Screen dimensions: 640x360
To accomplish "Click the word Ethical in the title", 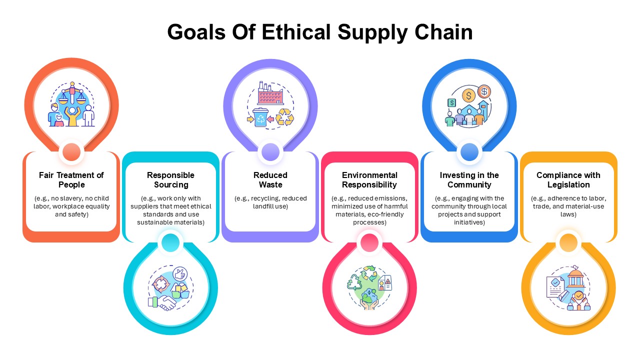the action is click(x=296, y=32).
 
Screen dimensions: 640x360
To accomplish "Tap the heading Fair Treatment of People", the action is click(x=71, y=179).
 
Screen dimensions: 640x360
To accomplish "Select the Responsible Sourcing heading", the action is click(x=171, y=179).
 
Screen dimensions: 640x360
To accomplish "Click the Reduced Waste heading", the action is click(x=270, y=179).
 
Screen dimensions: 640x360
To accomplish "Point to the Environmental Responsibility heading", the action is click(x=369, y=179).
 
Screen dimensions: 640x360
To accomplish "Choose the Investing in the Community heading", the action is click(x=469, y=179).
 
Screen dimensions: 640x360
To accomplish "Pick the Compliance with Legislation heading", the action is click(x=568, y=179).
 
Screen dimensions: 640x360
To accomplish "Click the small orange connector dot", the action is click(x=71, y=152).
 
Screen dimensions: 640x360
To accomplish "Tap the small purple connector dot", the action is click(x=270, y=152).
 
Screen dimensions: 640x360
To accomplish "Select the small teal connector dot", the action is click(x=170, y=243).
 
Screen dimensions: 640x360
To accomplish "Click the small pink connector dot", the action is click(x=369, y=243).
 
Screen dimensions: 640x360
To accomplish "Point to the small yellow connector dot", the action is click(x=568, y=243).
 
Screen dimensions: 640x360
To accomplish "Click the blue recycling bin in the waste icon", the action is click(x=260, y=117).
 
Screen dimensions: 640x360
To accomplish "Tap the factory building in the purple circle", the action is click(x=270, y=93).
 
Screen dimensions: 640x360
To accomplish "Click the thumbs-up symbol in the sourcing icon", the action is click(x=180, y=274).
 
